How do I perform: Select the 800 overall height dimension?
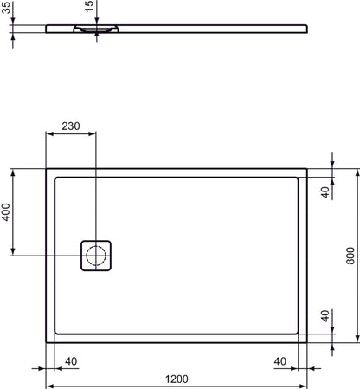(x=350, y=256)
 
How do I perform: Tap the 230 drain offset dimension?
(x=71, y=126)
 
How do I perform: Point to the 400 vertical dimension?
(x=7, y=212)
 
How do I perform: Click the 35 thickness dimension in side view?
(x=7, y=15)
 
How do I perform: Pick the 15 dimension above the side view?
(x=88, y=8)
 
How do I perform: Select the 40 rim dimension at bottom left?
(x=72, y=360)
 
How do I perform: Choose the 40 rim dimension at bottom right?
(x=280, y=360)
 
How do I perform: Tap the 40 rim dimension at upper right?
(x=325, y=192)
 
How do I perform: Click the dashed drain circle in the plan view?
(x=96, y=256)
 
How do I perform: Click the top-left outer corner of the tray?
(x=47, y=169)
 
